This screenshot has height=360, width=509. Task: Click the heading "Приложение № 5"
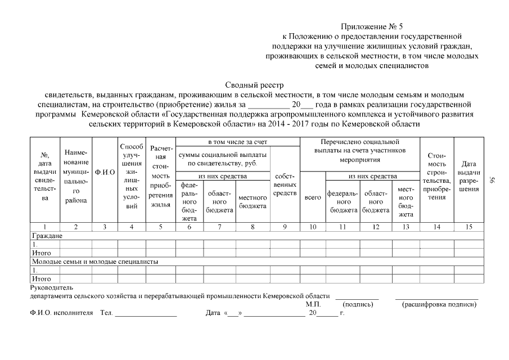pos(372,26)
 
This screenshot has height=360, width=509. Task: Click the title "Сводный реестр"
pos(254,85)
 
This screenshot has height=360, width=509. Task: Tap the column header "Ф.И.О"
pos(105,172)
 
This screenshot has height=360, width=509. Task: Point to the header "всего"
pos(313,197)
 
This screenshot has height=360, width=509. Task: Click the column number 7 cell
pos(219,227)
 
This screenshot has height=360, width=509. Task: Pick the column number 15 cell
pos(469,227)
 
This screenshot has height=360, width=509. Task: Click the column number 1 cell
pos(44,227)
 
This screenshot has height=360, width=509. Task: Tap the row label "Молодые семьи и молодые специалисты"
pos(94,262)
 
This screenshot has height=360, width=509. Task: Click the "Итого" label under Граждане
pos(39,253)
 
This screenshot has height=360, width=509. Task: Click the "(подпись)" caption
pos(358,304)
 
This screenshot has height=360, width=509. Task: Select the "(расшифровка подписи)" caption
pos(439,304)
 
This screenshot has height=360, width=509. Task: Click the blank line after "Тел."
pos(146,313)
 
